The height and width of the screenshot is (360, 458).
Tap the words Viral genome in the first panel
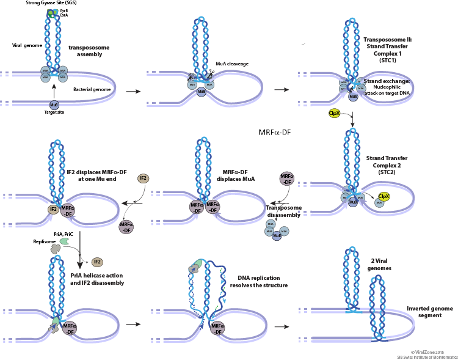click(x=26, y=45)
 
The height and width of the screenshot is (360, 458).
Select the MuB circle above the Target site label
click(x=54, y=105)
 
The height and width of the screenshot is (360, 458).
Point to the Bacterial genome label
click(x=92, y=89)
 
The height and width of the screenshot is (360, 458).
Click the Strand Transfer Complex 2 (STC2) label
click(x=387, y=165)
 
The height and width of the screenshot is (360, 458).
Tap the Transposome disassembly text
click(x=284, y=210)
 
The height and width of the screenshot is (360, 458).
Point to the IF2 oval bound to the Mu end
click(x=53, y=209)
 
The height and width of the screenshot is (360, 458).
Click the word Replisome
click(x=44, y=241)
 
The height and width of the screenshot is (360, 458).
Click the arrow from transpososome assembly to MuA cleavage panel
click(x=131, y=91)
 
